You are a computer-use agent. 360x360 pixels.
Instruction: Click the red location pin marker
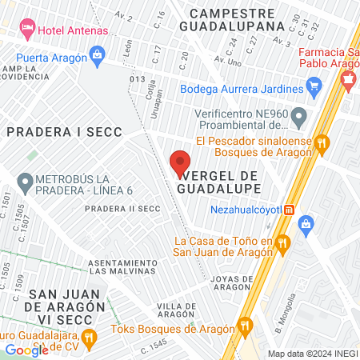180,162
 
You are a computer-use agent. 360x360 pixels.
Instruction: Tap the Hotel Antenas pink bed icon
28,30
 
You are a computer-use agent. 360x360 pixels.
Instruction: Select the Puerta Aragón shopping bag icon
98,55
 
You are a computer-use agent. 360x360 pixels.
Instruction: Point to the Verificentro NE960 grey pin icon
299,118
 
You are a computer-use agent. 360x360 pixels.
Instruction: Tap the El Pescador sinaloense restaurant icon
322,144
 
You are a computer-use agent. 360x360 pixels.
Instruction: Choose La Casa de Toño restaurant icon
282,243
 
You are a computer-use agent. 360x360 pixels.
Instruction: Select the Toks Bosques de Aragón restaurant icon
245,326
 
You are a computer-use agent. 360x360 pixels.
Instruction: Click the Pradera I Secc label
63,131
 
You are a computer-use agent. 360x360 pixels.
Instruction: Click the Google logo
26,350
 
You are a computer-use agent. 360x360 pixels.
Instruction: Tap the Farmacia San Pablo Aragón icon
348,79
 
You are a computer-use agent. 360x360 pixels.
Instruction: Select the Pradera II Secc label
123,209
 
